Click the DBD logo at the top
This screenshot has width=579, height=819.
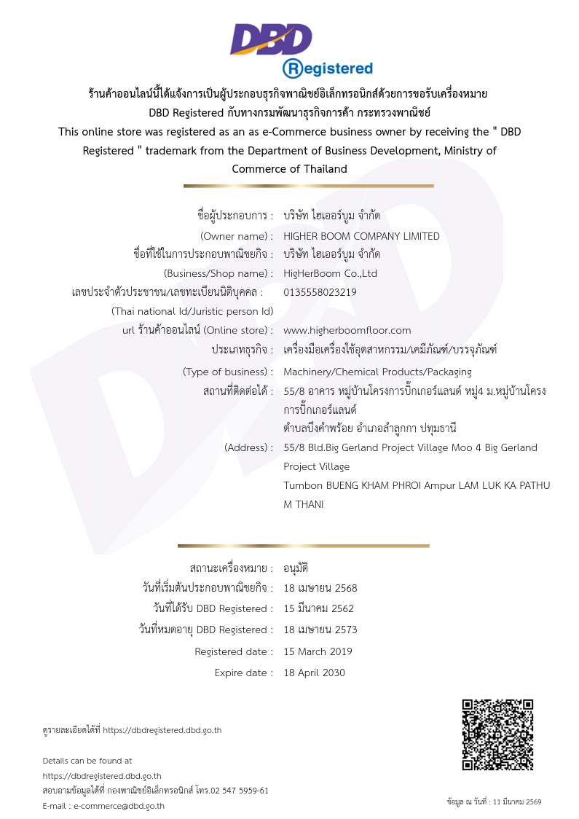click(271, 39)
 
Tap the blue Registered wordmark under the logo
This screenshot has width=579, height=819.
click(328, 68)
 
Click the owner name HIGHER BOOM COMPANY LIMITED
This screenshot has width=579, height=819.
click(361, 236)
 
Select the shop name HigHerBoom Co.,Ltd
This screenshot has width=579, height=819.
click(330, 274)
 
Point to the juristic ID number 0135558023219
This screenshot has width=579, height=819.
click(320, 292)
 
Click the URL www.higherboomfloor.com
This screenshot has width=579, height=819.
click(347, 330)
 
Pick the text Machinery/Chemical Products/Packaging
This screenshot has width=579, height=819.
click(377, 372)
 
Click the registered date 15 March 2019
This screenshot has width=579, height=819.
click(318, 651)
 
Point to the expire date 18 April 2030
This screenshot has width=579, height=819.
click(314, 673)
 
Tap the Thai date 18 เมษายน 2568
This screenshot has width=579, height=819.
click(320, 588)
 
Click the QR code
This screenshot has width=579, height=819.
click(498, 734)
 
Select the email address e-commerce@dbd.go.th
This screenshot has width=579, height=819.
click(119, 806)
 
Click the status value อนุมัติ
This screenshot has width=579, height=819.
click(296, 568)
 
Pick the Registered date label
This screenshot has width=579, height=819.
click(234, 651)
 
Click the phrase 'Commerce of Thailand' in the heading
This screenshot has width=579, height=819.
click(289, 169)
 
